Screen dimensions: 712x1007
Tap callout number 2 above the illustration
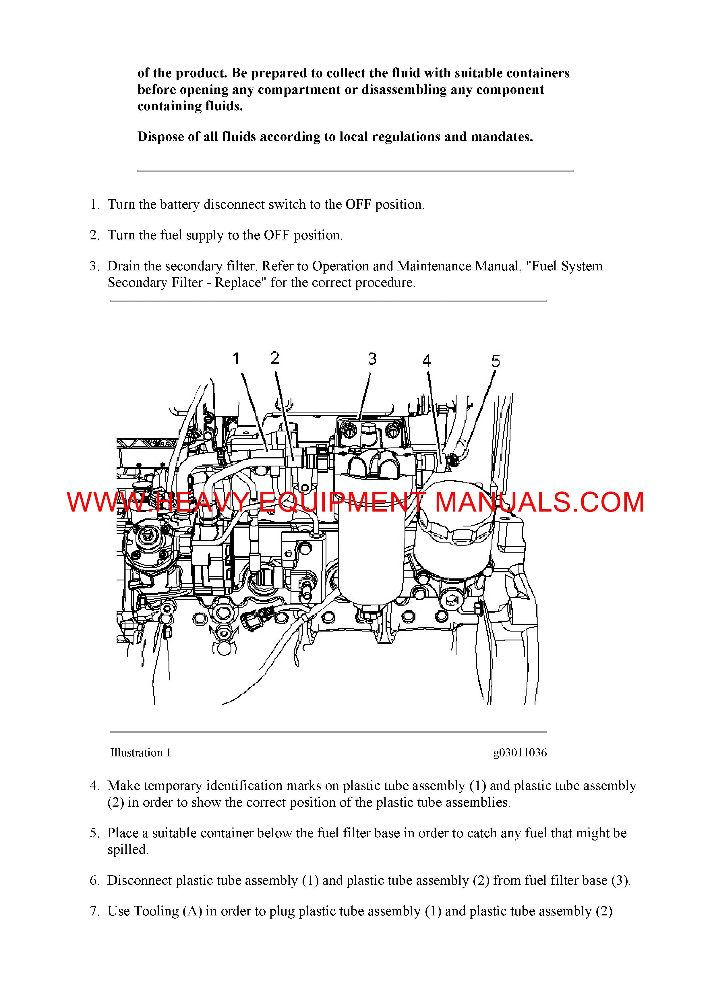click(275, 358)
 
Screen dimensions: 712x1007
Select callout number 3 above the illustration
click(372, 359)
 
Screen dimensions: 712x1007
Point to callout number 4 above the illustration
click(426, 361)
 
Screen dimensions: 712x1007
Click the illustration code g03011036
click(520, 753)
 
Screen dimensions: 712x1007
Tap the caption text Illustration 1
click(140, 753)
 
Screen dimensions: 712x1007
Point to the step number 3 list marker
click(94, 266)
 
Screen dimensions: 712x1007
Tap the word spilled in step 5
click(128, 849)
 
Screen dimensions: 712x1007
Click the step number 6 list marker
click(94, 881)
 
